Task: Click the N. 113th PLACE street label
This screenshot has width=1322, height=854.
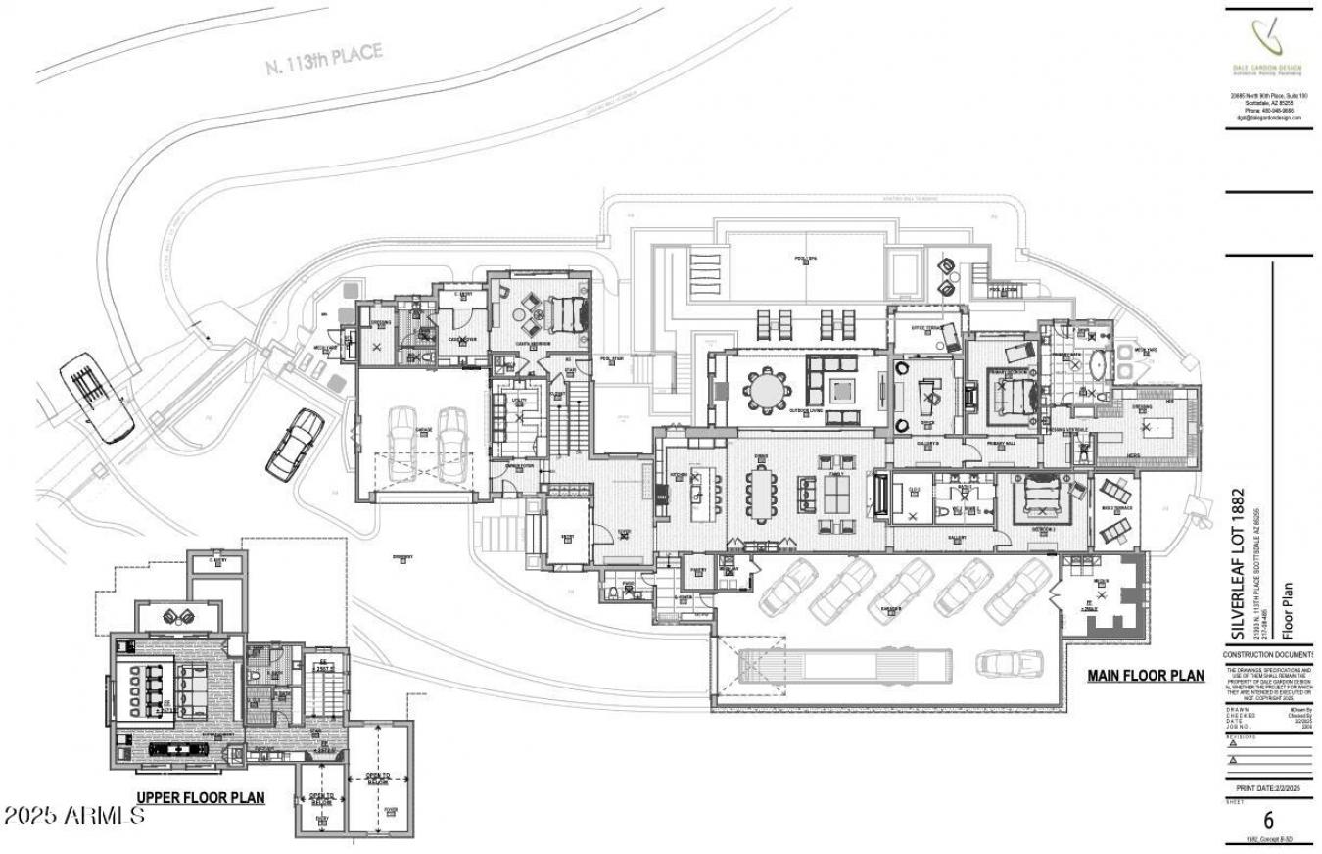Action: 323,60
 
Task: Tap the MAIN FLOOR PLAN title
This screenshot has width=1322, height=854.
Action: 1146,675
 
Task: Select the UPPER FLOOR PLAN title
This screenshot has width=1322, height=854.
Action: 200,797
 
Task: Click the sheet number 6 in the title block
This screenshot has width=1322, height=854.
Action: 1268,821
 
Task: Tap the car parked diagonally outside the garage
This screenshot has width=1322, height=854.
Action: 294,444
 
